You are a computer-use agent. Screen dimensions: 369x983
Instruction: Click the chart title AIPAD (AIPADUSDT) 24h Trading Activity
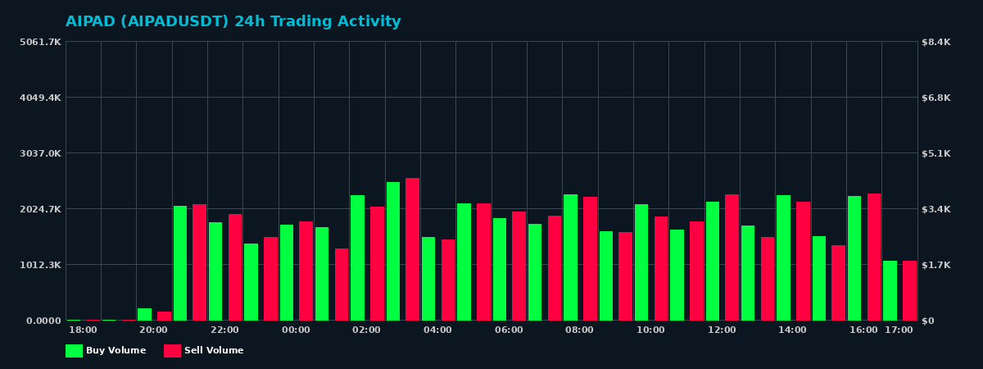[x=233, y=22]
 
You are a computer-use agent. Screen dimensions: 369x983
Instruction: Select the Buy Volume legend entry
[x=106, y=351]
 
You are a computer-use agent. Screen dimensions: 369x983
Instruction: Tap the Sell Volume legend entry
[x=204, y=351]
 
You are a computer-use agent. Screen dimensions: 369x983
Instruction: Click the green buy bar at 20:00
[x=144, y=314]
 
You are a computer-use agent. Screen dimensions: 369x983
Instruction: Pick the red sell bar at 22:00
[x=235, y=267]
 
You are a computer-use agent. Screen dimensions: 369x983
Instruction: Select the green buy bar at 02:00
[x=357, y=257]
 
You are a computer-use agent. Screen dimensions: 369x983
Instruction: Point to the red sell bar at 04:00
[x=448, y=280]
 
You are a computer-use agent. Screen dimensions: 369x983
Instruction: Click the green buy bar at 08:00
[x=570, y=257]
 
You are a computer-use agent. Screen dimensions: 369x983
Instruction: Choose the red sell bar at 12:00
[x=732, y=257]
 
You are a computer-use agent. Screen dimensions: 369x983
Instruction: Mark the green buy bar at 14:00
[x=783, y=257]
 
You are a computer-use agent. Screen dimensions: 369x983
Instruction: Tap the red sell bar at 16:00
[x=874, y=257]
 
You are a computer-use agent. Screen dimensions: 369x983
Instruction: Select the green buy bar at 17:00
[x=890, y=290]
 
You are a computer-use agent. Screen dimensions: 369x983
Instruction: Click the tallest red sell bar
[x=412, y=249]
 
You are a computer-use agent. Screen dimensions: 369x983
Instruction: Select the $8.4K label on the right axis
[x=936, y=42]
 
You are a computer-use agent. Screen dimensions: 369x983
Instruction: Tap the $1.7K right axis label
[x=936, y=265]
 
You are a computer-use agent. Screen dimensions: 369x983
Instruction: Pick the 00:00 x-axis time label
[x=296, y=330]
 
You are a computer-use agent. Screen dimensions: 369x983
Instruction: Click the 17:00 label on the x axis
[x=899, y=330]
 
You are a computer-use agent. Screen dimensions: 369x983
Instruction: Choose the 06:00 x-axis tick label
[x=509, y=330]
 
